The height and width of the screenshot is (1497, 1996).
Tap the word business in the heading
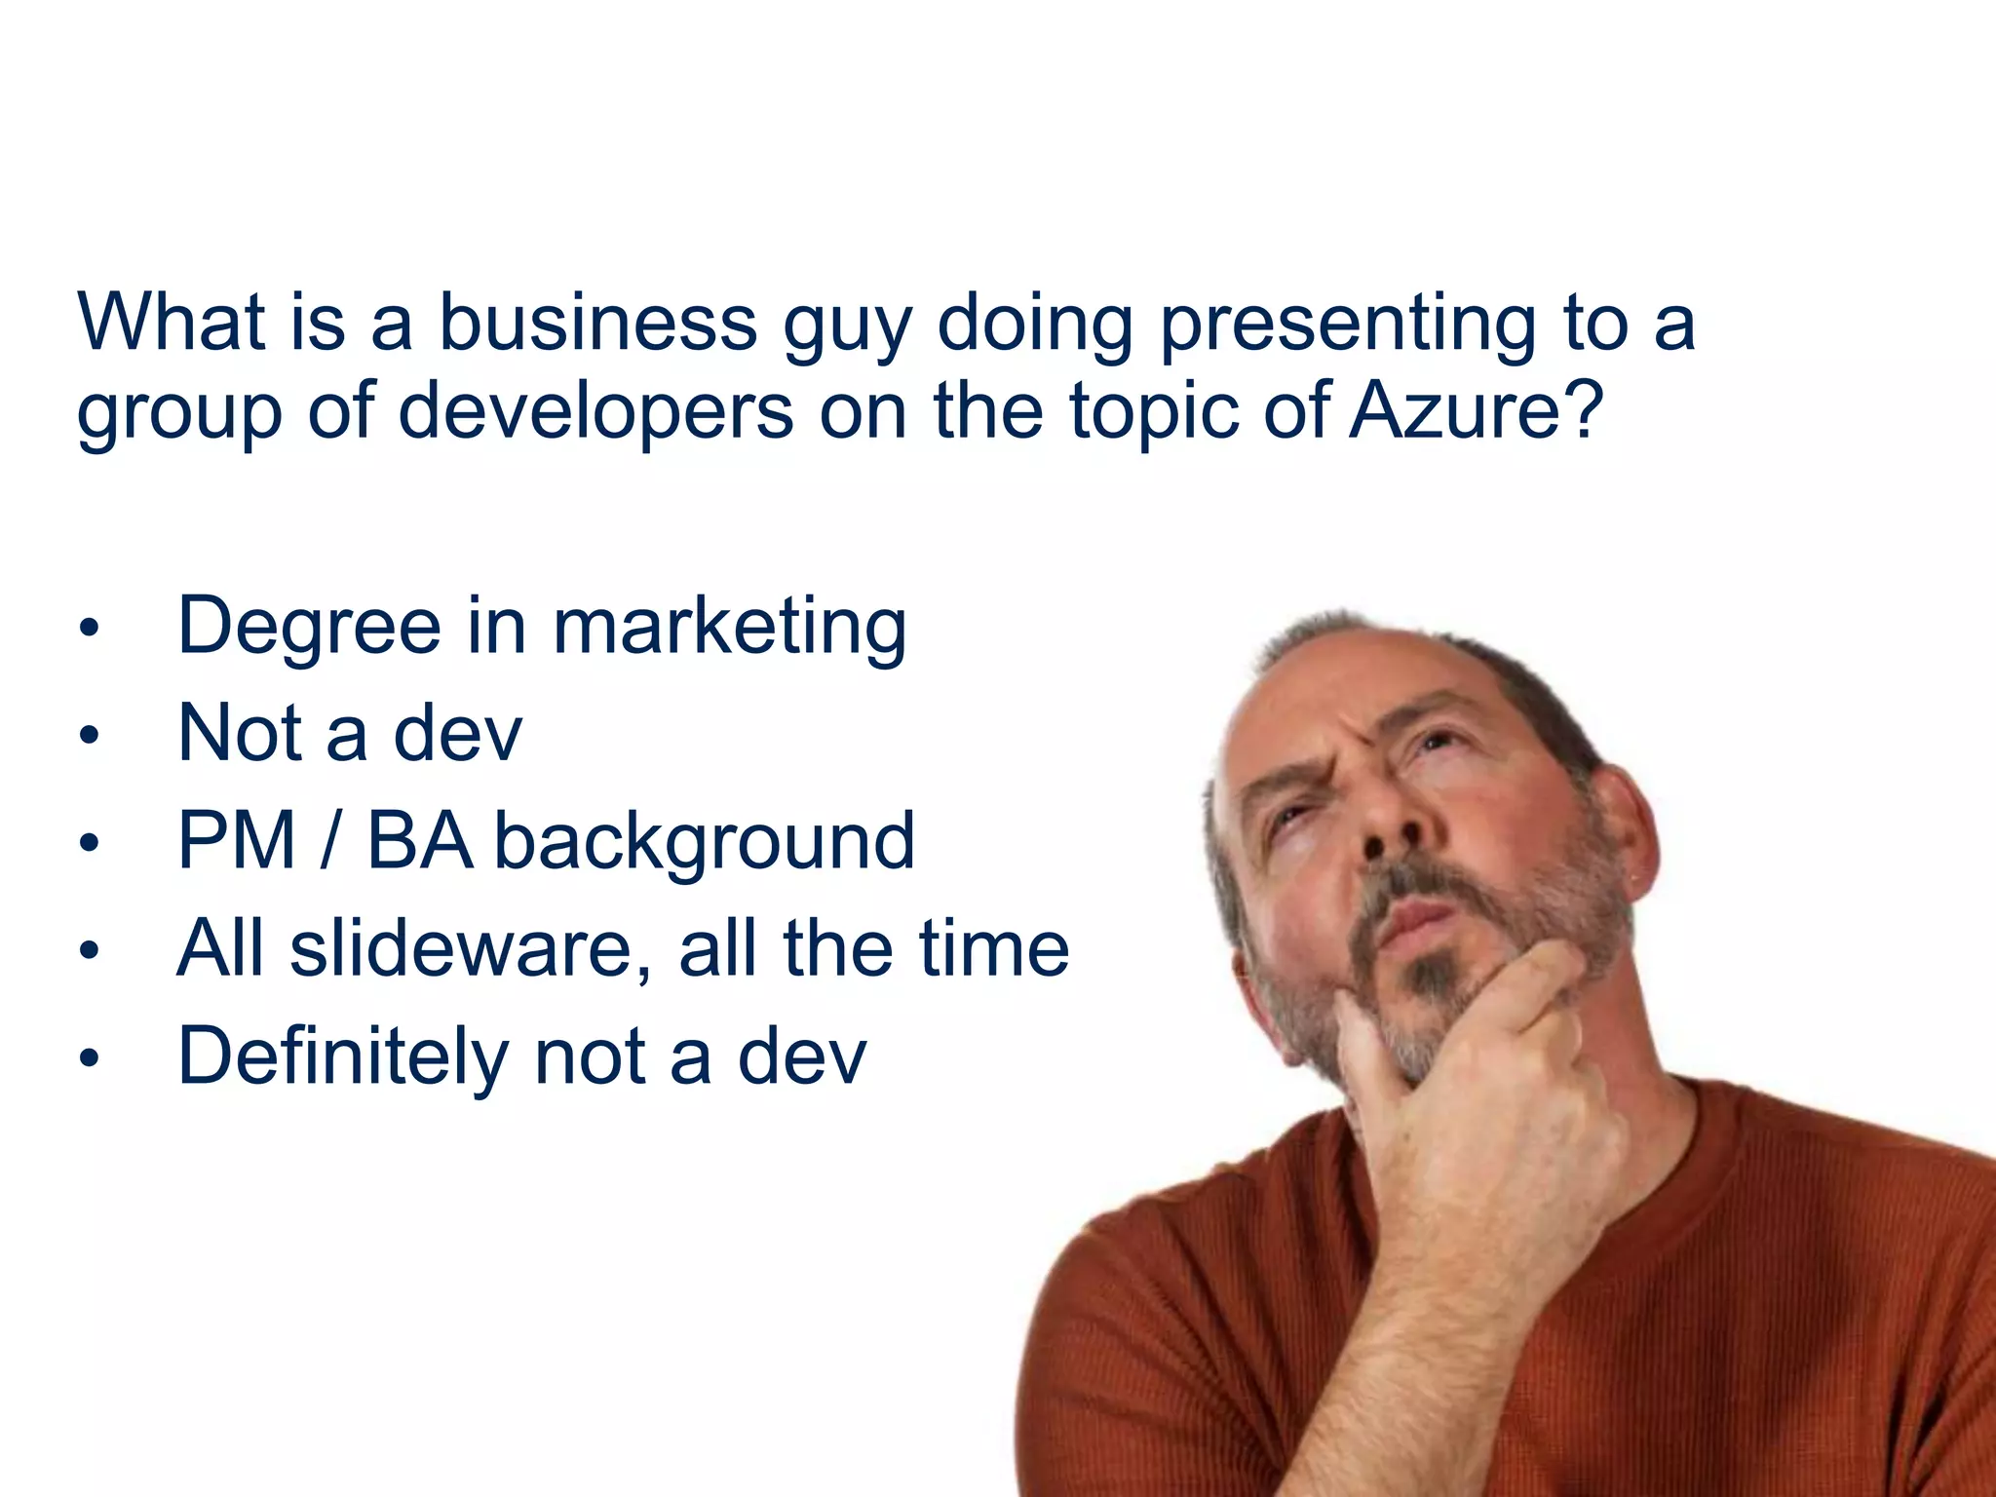(597, 322)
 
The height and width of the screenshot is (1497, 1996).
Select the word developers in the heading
(595, 411)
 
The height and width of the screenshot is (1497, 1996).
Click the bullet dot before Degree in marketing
(90, 630)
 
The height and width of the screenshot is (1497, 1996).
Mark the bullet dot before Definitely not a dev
(90, 1058)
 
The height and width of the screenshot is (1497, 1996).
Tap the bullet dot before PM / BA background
(90, 844)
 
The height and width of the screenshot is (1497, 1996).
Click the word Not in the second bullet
(239, 733)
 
